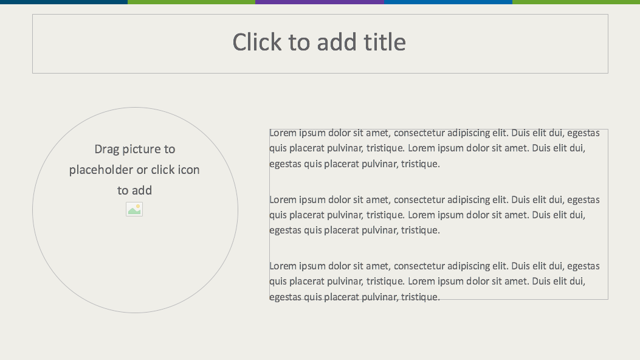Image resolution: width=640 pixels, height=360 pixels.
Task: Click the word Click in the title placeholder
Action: coord(256,42)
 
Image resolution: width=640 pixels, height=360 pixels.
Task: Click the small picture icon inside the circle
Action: coord(134,209)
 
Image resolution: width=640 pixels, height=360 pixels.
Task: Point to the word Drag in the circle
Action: coord(106,150)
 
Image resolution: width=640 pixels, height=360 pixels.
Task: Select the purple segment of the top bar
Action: coord(320,2)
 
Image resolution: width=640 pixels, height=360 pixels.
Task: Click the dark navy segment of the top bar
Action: coord(64,2)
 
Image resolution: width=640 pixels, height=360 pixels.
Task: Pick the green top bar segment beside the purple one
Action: coord(191,2)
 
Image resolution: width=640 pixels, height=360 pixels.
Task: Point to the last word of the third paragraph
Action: coord(421,297)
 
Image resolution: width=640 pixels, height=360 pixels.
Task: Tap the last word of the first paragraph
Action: coord(421,164)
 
